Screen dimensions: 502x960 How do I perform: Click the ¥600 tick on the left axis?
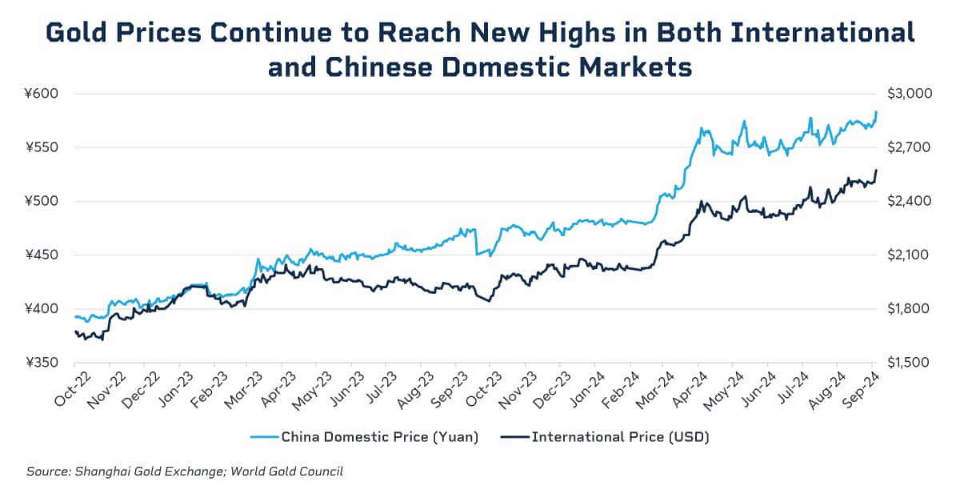(42, 94)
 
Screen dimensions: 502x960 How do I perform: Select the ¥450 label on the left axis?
(42, 255)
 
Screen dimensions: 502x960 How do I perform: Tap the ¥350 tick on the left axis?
(42, 363)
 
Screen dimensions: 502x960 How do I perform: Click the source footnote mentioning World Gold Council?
(185, 472)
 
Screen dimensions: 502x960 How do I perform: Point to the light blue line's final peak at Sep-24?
(877, 112)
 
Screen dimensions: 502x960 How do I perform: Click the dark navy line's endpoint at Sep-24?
(877, 170)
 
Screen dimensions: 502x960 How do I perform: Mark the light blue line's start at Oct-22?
(75, 316)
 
